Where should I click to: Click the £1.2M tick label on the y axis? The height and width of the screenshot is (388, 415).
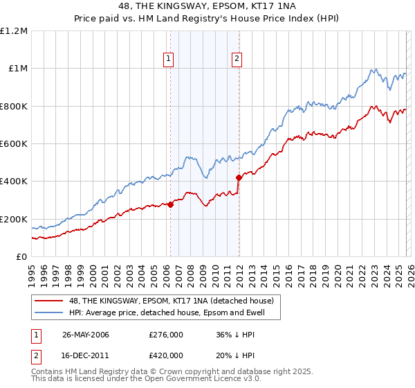pyautogui.click(x=14, y=31)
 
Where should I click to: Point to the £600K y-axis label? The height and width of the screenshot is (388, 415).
pyautogui.click(x=14, y=144)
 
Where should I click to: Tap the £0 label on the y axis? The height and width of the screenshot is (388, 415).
pyautogui.click(x=21, y=257)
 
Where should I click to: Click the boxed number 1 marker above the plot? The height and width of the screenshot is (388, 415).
pyautogui.click(x=169, y=60)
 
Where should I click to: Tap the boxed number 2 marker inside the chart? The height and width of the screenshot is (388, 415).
pyautogui.click(x=237, y=60)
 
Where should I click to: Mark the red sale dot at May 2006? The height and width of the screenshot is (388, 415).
pyautogui.click(x=170, y=205)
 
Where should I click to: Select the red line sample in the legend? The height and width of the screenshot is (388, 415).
pyautogui.click(x=50, y=301)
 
